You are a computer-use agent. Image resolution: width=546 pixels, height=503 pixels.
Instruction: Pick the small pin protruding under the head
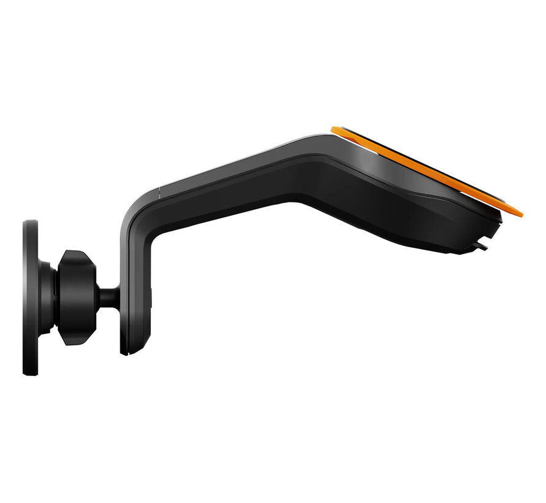coord(482,248)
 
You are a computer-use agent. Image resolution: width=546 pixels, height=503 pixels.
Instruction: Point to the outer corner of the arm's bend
coord(132,205)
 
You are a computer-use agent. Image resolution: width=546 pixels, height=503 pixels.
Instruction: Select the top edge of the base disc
coord(31,221)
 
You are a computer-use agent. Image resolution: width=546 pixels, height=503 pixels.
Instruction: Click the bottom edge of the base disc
coord(31,374)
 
